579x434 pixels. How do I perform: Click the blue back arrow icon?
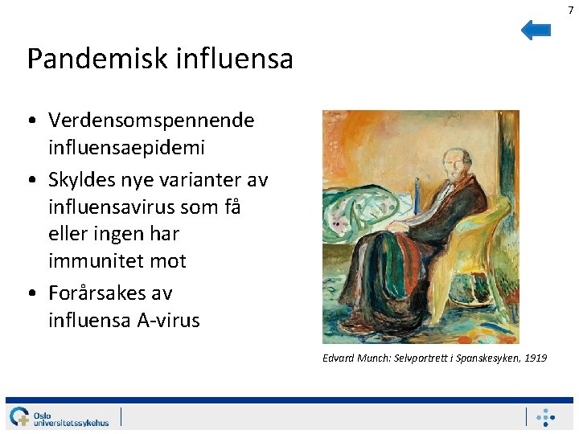(536, 31)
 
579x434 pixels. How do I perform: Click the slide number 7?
(571, 9)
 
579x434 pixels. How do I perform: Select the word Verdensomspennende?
(151, 121)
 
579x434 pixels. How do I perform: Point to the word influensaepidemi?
(126, 148)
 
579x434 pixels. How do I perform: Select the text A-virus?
(168, 320)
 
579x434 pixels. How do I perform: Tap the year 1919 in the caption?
(535, 358)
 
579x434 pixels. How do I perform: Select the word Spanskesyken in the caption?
(487, 358)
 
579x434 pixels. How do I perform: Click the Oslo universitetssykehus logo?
(60, 417)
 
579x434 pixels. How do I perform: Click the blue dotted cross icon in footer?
(546, 417)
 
